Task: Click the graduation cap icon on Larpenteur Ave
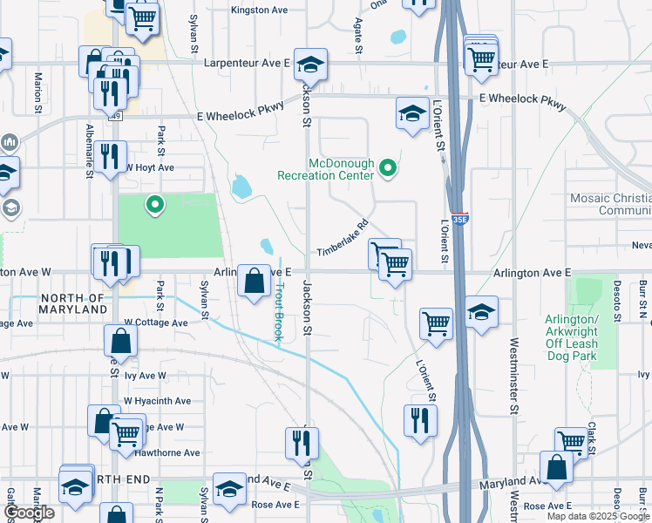click(308, 65)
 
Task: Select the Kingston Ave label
click(259, 10)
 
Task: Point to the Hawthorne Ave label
click(174, 452)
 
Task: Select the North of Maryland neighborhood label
click(73, 303)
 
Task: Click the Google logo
click(29, 513)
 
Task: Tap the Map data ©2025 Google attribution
click(597, 516)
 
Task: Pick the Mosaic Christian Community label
click(610, 204)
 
